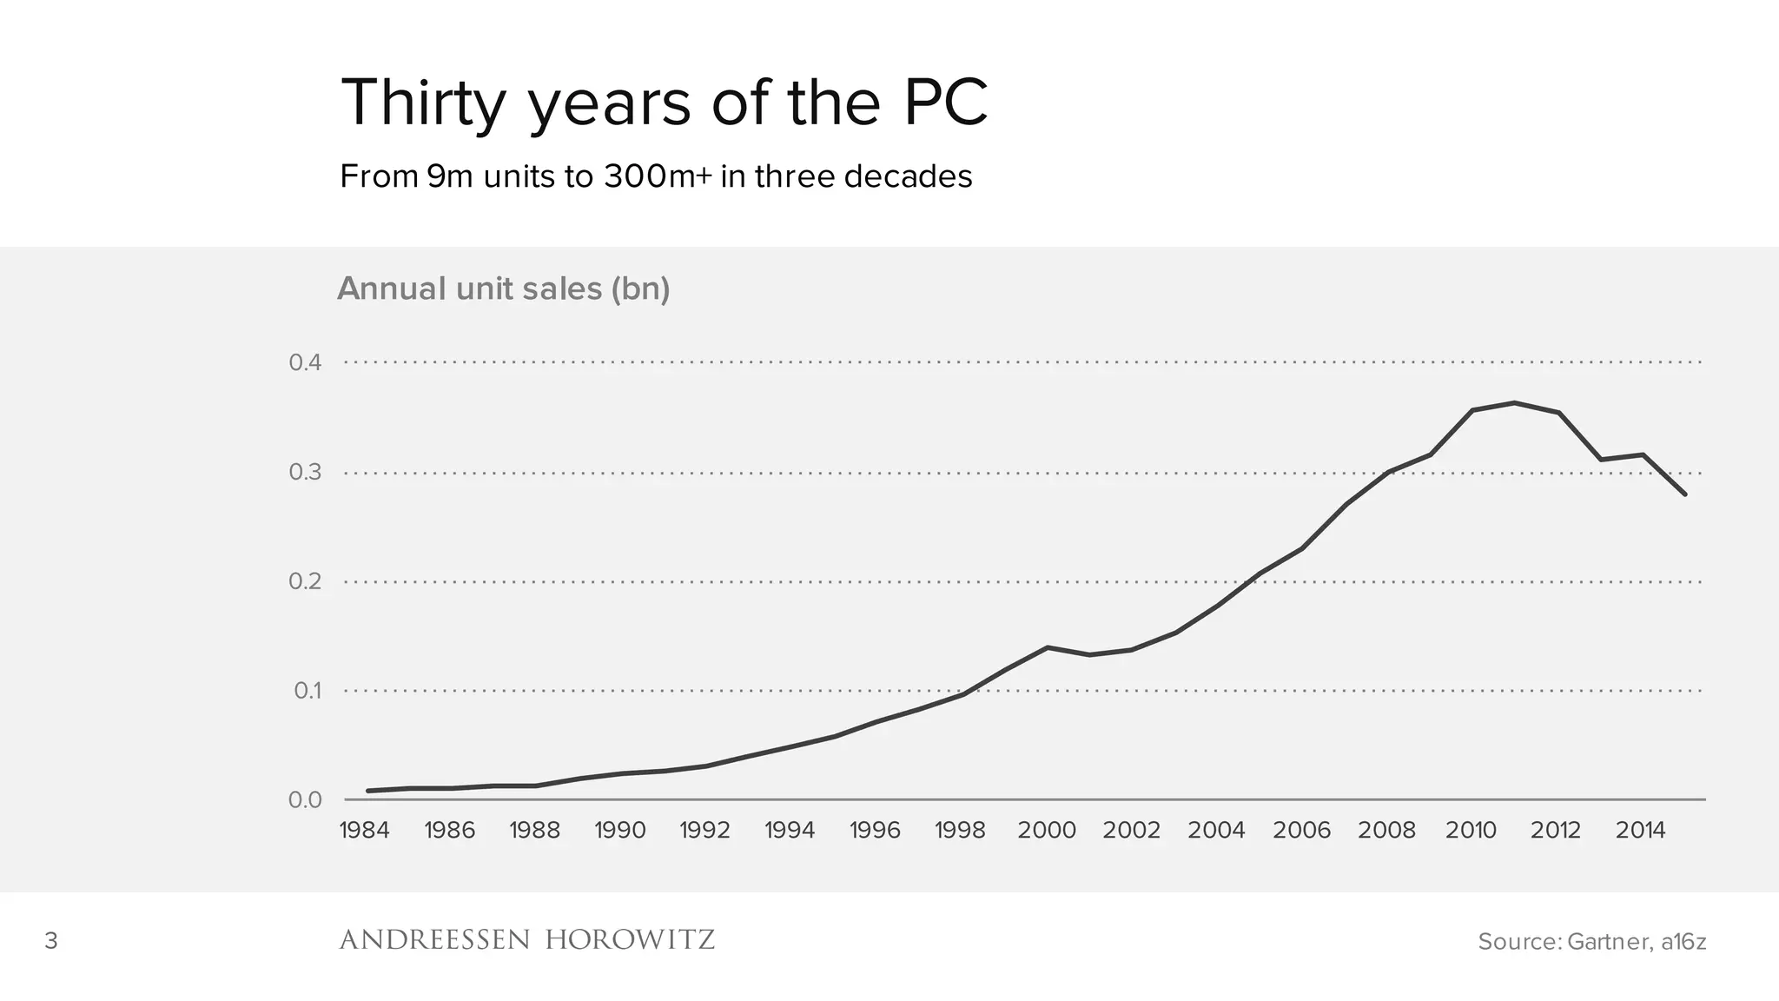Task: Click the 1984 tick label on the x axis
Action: [364, 831]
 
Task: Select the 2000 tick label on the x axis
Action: [1047, 831]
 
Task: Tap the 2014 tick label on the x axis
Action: [1640, 831]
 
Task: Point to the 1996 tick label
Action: [875, 831]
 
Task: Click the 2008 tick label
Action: [1386, 831]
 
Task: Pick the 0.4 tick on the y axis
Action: [306, 362]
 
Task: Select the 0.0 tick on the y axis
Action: [306, 799]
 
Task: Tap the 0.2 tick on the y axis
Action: [306, 581]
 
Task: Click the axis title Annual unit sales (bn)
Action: [504, 288]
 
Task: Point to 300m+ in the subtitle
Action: [658, 176]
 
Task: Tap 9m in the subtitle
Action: [449, 176]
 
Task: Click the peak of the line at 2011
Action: [1514, 402]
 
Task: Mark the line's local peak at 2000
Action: [1048, 647]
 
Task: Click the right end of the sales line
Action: [1684, 494]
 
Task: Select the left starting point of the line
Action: [368, 791]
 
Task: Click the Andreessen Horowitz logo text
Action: [526, 940]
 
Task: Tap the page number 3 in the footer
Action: [51, 941]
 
